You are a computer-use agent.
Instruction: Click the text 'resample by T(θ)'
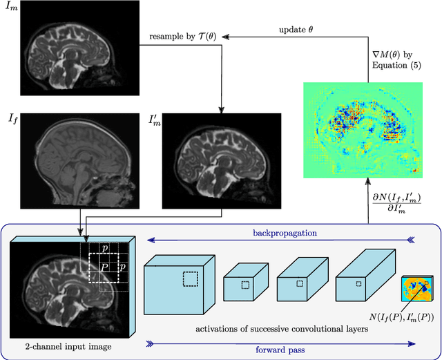coord(182,35)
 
